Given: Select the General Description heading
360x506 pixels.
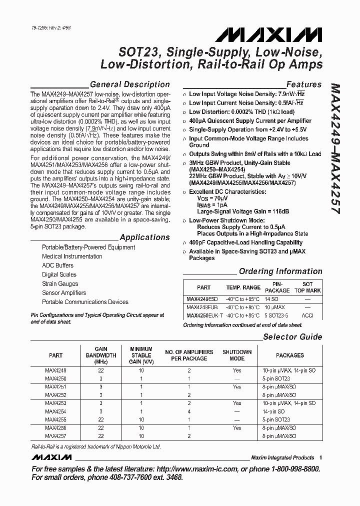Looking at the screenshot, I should point(129,84).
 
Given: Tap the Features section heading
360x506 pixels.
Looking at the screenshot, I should point(303,84).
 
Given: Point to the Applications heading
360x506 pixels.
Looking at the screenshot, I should point(145,237).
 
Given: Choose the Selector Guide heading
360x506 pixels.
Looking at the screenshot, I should point(292,336).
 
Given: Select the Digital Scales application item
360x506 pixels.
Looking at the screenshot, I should point(59,274).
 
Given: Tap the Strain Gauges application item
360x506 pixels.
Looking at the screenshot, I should point(60,283).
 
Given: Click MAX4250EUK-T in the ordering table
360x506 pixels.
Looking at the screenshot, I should point(201,316).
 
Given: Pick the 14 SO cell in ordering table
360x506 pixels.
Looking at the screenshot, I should point(277,298).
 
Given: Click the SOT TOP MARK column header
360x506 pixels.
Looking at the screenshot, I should point(307,287).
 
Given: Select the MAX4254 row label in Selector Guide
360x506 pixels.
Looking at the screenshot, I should point(55,411).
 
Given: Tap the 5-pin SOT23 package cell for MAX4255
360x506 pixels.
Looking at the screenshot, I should point(289,419).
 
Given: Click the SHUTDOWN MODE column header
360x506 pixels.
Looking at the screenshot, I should point(236,355).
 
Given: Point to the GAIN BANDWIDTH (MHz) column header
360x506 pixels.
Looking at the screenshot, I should point(105,355).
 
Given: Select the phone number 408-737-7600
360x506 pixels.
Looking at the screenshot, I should point(118,478).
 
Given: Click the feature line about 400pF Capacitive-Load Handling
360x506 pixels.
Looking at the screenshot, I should point(245,242).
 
